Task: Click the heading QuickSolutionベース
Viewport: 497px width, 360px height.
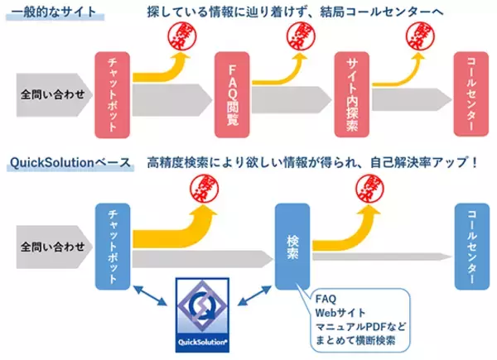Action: (68, 162)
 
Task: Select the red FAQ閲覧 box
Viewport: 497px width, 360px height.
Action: (231, 92)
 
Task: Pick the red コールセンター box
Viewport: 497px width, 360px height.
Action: (471, 92)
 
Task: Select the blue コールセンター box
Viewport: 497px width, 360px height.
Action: (471, 244)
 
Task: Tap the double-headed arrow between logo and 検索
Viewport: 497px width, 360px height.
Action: (253, 293)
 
